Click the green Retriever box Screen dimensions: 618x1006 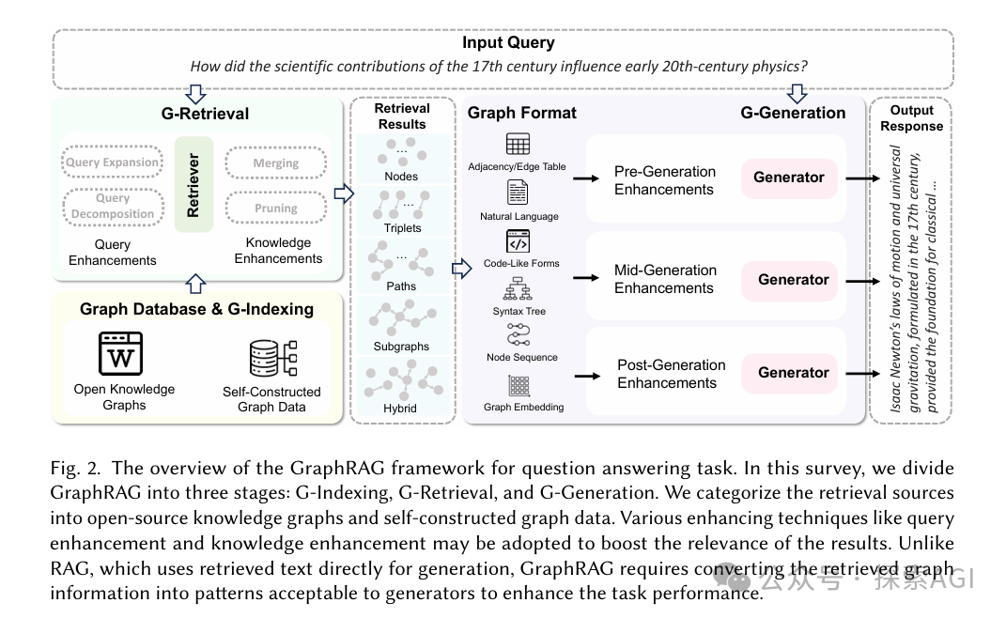[193, 183]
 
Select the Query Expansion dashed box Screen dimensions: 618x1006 [112, 162]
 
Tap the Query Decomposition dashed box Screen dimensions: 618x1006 [112, 206]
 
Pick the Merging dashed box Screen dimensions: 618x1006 [275, 162]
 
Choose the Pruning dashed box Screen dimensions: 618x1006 [275, 208]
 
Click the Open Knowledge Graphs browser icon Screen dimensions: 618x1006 [120, 354]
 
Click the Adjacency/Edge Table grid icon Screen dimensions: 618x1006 [518, 145]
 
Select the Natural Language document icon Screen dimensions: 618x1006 [518, 193]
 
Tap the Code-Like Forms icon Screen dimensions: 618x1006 [518, 240]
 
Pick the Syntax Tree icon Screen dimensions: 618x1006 [518, 288]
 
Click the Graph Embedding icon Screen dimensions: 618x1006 [518, 386]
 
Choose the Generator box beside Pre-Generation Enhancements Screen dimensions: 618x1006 [789, 178]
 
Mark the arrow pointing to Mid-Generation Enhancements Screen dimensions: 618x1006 [586, 278]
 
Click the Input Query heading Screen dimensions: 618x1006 [508, 43]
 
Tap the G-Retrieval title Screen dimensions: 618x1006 [205, 114]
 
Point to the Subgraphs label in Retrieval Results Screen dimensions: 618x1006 [401, 347]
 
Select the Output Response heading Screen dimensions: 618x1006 [911, 118]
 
